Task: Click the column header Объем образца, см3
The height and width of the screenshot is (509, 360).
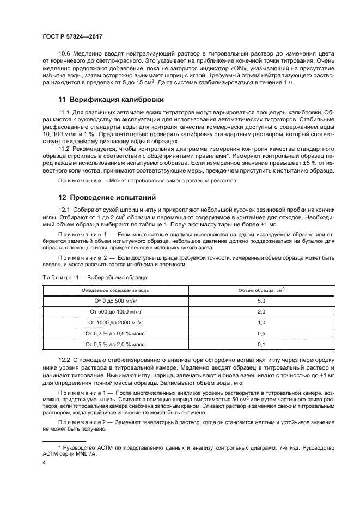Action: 261,291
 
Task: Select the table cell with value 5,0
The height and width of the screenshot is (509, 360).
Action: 261,301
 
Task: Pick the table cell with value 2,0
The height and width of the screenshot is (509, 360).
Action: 261,311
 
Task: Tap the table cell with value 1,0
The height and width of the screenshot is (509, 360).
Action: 261,322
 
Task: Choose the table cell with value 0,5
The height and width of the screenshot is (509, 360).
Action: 261,333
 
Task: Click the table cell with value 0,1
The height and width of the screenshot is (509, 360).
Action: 261,344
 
